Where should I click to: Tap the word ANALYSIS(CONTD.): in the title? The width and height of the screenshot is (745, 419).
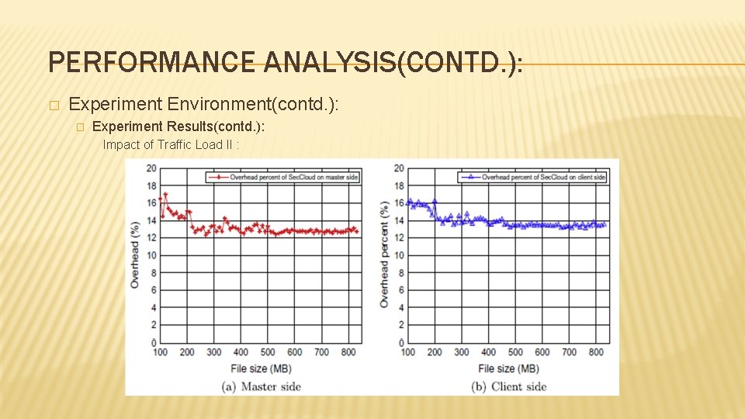coord(393,63)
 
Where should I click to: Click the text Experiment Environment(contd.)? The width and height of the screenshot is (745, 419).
coord(204,104)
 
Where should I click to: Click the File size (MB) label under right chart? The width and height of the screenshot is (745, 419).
coord(509,369)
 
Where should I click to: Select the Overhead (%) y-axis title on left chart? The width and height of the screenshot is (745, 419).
coord(135,255)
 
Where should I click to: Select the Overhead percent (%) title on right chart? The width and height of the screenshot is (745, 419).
coord(384,255)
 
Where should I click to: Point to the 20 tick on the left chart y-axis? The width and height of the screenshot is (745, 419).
coord(151,168)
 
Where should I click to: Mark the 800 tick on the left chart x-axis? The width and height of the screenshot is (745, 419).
coord(348,352)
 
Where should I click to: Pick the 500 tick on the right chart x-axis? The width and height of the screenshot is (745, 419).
coord(515,352)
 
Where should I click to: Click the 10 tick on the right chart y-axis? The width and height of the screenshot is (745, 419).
coord(399,255)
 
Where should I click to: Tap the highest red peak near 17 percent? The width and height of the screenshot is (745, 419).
coord(165,194)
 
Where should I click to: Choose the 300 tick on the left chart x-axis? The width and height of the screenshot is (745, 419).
coord(214,352)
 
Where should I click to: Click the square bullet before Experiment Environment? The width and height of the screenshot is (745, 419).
coord(53,105)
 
